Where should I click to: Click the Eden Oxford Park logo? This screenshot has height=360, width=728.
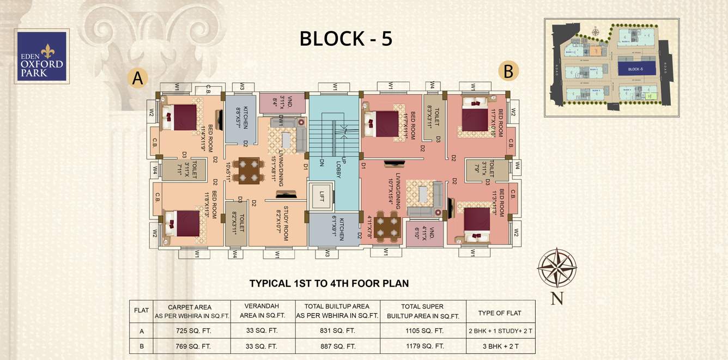click(42, 56)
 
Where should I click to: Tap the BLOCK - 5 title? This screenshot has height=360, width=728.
click(346, 39)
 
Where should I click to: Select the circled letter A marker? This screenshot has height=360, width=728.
click(137, 78)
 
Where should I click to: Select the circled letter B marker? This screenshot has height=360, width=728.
click(508, 71)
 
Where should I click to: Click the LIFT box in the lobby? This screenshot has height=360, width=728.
click(321, 197)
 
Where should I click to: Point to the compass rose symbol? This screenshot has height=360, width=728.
click(556, 267)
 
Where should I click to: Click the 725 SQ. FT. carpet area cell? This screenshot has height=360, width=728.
click(192, 331)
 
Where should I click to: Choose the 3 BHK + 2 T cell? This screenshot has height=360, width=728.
click(500, 346)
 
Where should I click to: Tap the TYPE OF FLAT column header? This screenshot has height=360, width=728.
click(500, 313)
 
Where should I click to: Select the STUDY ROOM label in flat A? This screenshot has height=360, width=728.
click(282, 223)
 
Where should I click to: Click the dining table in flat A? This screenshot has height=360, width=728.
click(248, 170)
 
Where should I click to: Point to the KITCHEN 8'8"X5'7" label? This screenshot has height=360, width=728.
click(242, 118)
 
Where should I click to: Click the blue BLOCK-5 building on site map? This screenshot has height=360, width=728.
click(635, 69)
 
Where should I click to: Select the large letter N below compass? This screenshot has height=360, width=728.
click(556, 298)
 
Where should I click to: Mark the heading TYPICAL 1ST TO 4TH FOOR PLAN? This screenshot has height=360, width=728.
click(329, 283)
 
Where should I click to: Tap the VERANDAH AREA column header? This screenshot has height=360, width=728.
click(263, 311)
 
